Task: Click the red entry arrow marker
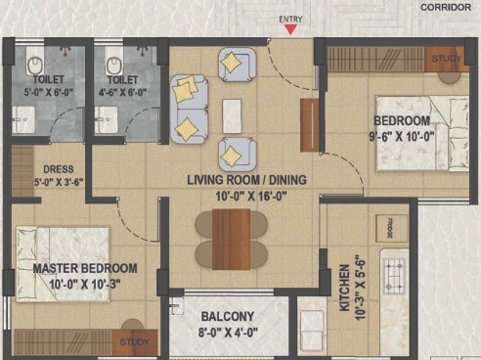pos(290,29)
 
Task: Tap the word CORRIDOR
pos(446,7)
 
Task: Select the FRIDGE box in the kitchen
pos(392,228)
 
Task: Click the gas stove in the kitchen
pos(394,276)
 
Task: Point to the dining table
pos(231,240)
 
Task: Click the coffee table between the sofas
pos(232,116)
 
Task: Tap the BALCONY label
pos(228,317)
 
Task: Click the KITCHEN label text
pos(344,288)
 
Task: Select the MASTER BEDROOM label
pos(85,268)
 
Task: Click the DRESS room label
pos(59,169)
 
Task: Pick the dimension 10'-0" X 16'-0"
pos(251,197)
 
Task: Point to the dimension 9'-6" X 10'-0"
pos(402,136)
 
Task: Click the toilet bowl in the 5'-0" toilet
pos(35,64)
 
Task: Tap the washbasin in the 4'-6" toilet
pos(106,119)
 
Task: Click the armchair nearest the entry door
pos(237,65)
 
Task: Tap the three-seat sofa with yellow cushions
pos(189,110)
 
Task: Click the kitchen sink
pos(312,326)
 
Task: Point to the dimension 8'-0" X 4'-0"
pos(228,333)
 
